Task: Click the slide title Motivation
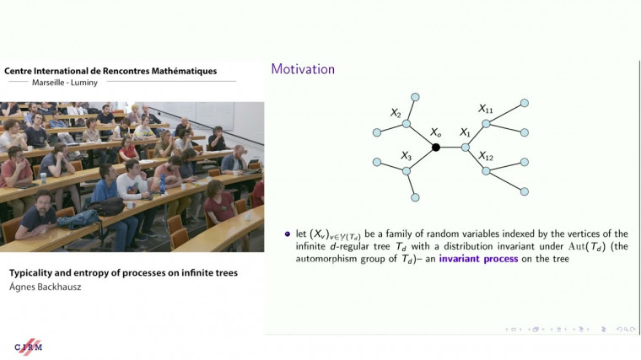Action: pyautogui.click(x=303, y=69)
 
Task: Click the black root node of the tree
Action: pyautogui.click(x=436, y=148)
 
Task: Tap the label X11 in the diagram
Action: pyautogui.click(x=486, y=109)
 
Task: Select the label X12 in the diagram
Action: pyautogui.click(x=486, y=156)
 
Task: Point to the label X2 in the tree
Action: pyautogui.click(x=396, y=112)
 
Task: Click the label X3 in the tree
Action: pyautogui.click(x=407, y=156)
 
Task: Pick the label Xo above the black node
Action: pyautogui.click(x=435, y=133)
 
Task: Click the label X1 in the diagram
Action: pyautogui.click(x=465, y=133)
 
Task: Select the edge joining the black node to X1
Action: pyautogui.click(x=450, y=148)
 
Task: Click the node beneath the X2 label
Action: pyautogui.click(x=407, y=125)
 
